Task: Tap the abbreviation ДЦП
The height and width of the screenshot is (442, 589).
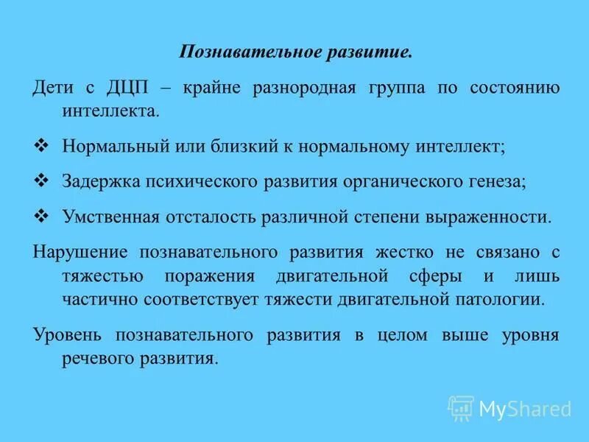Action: (x=130, y=88)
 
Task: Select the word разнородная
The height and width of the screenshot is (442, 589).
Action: (x=304, y=88)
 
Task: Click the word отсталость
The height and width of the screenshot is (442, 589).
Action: (x=206, y=217)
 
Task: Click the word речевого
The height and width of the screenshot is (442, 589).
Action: (x=92, y=359)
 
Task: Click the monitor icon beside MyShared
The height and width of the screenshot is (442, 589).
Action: (x=461, y=408)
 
